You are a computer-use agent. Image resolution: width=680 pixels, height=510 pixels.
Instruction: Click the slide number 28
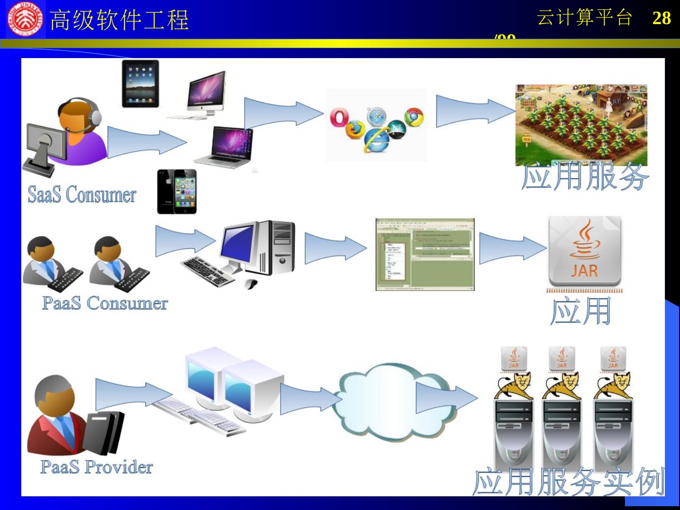pos(661,18)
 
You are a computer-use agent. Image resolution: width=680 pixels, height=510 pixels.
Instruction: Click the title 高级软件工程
pos(119,20)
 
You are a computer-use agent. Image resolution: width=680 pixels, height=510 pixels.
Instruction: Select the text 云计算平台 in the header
pos(584,18)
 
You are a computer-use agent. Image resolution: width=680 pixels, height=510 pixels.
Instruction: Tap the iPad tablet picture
pos(140,84)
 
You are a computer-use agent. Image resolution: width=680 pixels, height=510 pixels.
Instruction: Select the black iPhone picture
pos(177,191)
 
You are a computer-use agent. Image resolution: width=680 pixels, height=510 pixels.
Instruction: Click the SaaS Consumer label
pos(82,194)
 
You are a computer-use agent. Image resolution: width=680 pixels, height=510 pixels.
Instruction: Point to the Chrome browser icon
pos(414,117)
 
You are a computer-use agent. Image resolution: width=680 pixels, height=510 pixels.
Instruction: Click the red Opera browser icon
pos(339,118)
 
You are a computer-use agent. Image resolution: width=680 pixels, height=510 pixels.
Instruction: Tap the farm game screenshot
pos(581,125)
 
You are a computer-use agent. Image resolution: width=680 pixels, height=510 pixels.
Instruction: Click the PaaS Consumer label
pos(105,303)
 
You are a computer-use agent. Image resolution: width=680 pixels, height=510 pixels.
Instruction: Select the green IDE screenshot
pos(425,255)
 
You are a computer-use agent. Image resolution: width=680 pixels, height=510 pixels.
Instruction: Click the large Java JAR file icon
pos(585,251)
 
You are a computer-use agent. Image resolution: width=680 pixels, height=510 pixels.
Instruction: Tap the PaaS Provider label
pos(97,467)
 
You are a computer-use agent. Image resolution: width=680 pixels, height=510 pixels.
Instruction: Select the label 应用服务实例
pos(568,482)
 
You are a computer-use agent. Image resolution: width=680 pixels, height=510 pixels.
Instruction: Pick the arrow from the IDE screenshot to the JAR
pos(512,248)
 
